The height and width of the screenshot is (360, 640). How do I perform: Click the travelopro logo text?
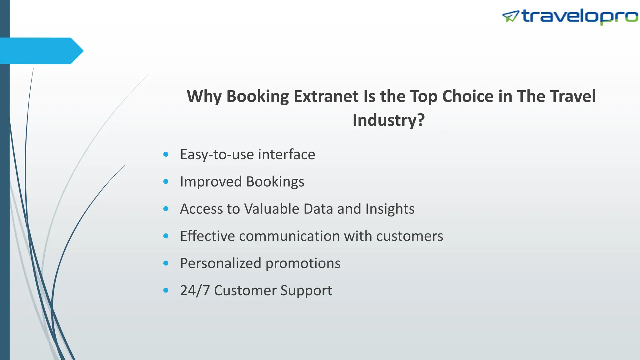580,16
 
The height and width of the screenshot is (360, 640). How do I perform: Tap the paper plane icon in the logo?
510,16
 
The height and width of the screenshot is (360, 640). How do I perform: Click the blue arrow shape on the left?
41,51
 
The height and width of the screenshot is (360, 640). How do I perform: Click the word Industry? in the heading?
388,120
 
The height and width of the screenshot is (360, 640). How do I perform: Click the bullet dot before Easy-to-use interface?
166,154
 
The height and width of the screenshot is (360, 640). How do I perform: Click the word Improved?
211,182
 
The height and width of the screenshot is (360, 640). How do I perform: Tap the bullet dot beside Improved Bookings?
166,182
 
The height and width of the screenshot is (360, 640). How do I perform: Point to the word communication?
289,236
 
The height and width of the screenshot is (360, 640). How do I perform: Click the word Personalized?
221,263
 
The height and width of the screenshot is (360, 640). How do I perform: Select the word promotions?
303,263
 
